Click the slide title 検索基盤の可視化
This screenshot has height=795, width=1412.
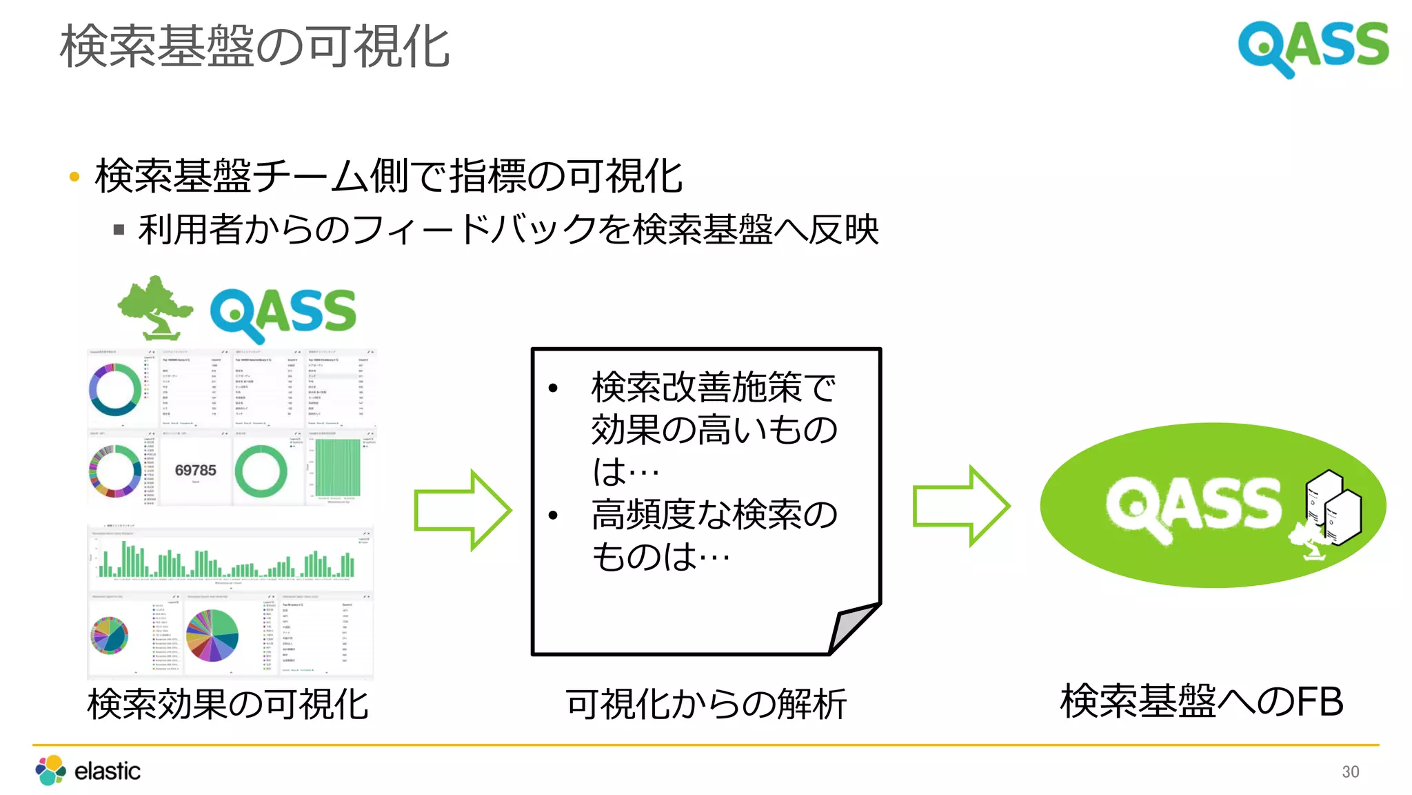(255, 47)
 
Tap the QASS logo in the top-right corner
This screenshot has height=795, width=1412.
(1313, 47)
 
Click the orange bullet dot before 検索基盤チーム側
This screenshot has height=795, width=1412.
(74, 177)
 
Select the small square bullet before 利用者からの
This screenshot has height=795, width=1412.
(119, 230)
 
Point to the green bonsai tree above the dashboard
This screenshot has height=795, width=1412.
(156, 307)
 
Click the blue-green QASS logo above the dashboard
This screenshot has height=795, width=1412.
(283, 314)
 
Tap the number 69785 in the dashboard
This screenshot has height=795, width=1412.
(195, 471)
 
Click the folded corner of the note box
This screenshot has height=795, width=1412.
(852, 627)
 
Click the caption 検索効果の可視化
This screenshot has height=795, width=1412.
(228, 705)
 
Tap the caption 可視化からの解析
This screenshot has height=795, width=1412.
(706, 705)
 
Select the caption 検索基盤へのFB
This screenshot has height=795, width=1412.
(1202, 702)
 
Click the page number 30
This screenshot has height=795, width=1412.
(1350, 772)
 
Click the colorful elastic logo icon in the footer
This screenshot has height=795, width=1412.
(51, 770)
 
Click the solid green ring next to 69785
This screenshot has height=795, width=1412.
(261, 471)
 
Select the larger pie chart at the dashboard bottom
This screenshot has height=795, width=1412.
(212, 636)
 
